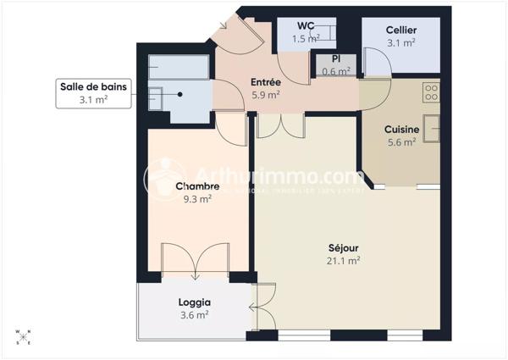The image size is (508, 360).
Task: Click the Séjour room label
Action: pos(344,248)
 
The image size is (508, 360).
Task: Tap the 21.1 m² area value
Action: pos(344,261)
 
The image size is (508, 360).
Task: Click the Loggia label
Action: pos(194,302)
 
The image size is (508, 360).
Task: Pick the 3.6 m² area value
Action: pos(194,314)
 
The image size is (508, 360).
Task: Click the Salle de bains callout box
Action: pos(94,92)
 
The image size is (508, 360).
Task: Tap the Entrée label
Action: pos(265,82)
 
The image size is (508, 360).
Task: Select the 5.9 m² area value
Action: pos(265,95)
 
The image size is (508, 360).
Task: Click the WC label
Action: pos(306,25)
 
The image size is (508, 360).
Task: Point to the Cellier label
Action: pos(400,30)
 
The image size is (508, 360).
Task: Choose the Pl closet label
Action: pos(335,58)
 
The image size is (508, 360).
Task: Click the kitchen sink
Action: pos(431,128)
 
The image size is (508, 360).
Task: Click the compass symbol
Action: pos(23,336)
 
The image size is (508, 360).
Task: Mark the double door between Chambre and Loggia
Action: pos(195,263)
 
